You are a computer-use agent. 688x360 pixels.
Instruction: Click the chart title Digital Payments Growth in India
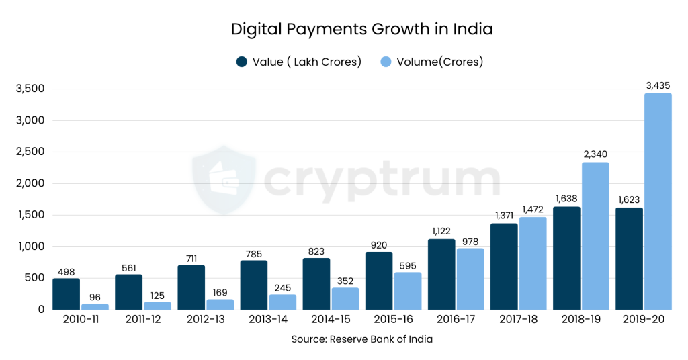tap(361, 30)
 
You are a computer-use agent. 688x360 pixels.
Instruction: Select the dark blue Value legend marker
tap(242, 62)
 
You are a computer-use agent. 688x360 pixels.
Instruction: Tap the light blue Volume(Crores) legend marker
tap(386, 62)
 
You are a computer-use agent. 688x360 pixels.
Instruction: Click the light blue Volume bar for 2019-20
tap(657, 201)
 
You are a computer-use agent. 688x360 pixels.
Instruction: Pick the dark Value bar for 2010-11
tap(66, 294)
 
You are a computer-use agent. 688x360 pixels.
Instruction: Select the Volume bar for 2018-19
tap(595, 236)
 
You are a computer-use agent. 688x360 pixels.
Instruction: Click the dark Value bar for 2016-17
tap(441, 274)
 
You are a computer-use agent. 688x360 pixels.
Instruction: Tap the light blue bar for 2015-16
tap(408, 291)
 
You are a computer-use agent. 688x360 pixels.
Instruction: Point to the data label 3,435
tap(658, 85)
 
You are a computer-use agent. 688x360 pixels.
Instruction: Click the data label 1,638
tap(566, 199)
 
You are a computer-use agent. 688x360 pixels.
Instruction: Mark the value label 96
tap(95, 296)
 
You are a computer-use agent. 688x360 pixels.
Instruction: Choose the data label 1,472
tap(533, 210)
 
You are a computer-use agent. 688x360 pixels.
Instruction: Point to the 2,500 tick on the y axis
tap(30, 152)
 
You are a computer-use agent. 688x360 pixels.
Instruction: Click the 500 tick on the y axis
tap(34, 278)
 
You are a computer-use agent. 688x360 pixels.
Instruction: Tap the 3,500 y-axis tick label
tap(30, 89)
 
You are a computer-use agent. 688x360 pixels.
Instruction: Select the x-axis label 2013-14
tap(268, 320)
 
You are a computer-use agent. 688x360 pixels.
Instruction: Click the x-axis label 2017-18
tap(518, 320)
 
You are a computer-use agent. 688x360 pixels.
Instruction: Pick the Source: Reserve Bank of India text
tap(361, 339)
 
